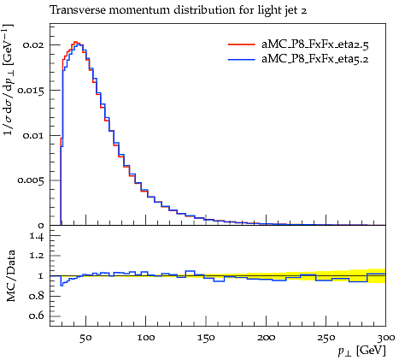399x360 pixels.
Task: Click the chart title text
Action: click(179, 10)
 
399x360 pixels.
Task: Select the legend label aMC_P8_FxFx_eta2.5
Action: click(315, 44)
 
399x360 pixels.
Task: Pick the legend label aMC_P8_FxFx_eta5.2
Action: click(315, 59)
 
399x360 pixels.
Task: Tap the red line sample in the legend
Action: click(242, 44)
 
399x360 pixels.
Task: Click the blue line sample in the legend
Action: click(242, 59)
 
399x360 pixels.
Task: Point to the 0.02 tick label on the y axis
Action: click(33, 45)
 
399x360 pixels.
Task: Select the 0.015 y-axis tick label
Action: click(31, 91)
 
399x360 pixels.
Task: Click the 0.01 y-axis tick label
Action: click(33, 135)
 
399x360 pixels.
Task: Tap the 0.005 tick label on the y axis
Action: click(31, 180)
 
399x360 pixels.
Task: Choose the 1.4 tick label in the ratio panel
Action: click(37, 236)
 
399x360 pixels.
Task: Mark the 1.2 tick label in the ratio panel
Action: click(37, 256)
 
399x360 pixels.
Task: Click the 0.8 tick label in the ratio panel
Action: click(37, 296)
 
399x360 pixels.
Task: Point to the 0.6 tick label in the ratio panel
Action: click(37, 316)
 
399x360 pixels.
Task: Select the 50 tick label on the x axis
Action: click(85, 338)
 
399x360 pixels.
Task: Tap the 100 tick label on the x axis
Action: click(146, 338)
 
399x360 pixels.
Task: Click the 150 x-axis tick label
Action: click(206, 338)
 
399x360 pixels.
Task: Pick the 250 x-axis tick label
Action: click(326, 338)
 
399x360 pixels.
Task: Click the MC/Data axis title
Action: click(11, 275)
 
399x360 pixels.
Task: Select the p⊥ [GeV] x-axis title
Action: click(361, 351)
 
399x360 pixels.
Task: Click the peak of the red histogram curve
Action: click(75, 42)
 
